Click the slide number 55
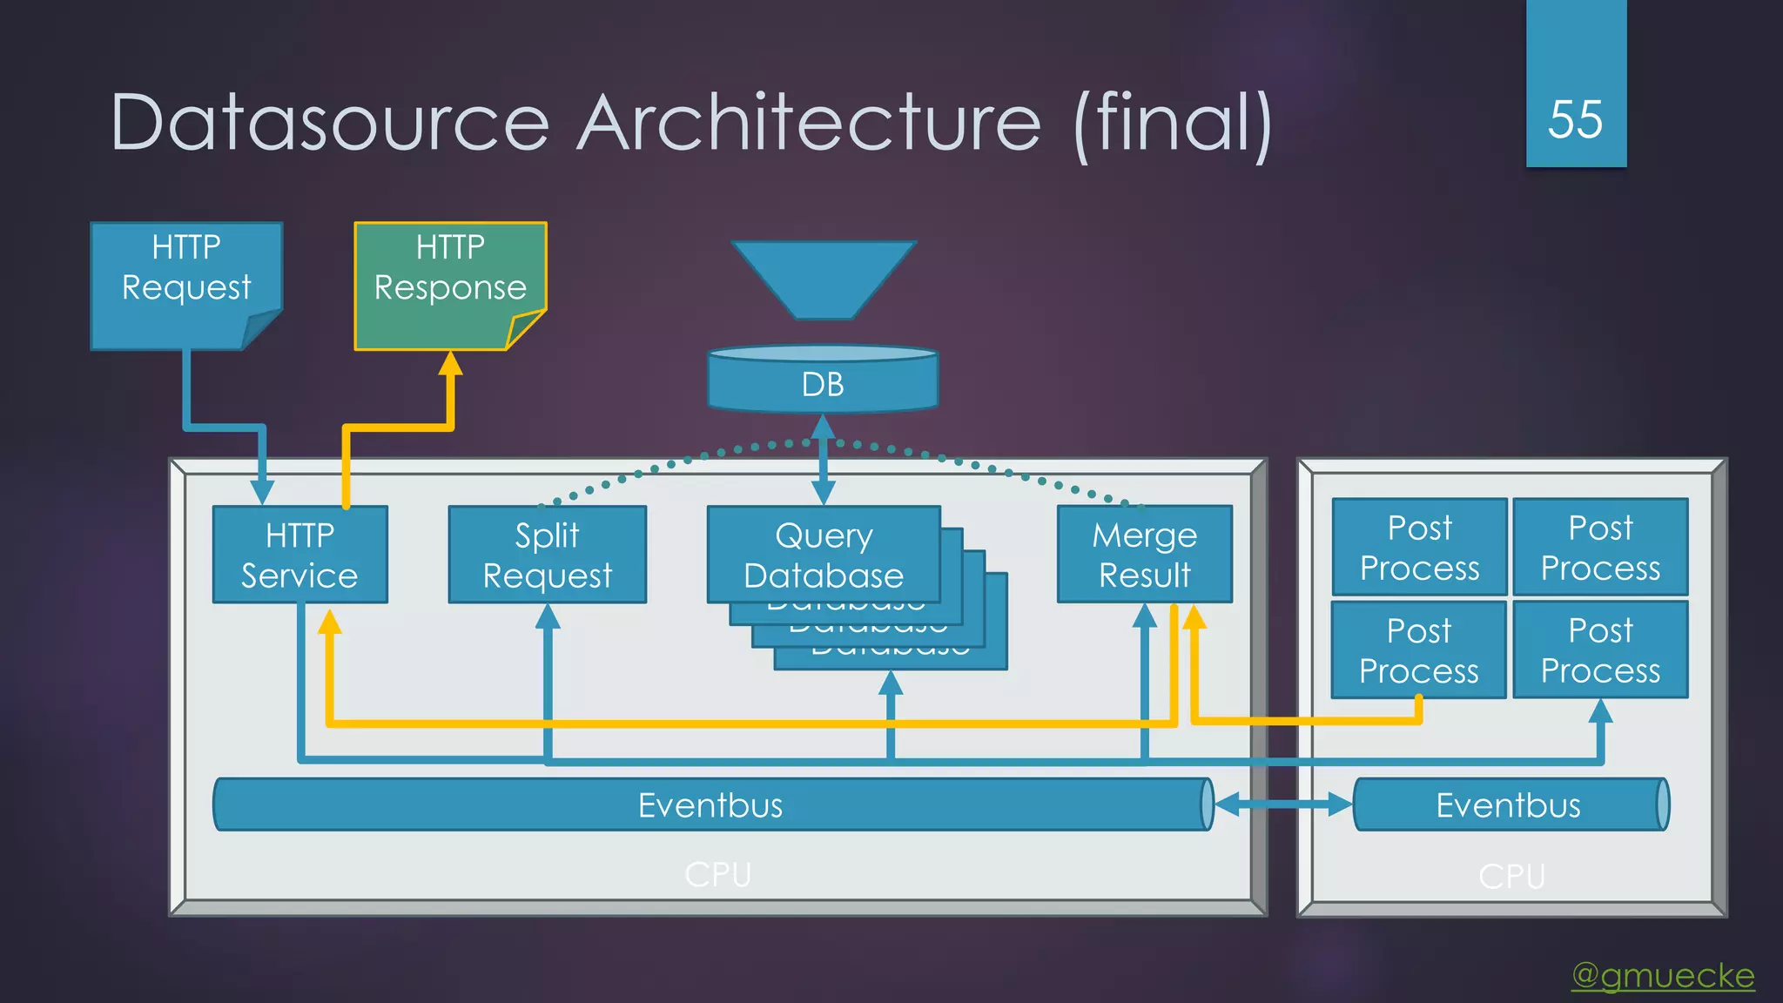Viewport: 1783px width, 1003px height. point(1575,119)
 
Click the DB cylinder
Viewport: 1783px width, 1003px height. point(823,383)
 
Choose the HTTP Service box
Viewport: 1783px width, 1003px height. point(299,555)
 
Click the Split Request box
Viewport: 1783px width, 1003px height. point(547,555)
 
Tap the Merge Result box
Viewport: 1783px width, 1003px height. point(1144,555)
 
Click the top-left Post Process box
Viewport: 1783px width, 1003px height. point(1419,547)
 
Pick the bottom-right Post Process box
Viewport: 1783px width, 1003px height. point(1600,650)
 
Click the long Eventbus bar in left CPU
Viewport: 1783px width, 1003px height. point(710,804)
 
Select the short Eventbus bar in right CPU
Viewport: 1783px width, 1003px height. point(1509,804)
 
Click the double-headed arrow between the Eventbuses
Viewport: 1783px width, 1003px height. point(1282,804)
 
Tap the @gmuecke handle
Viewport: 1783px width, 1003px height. point(1663,975)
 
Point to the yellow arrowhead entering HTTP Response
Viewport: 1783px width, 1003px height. point(450,363)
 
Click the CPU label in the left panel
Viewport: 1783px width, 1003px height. point(717,874)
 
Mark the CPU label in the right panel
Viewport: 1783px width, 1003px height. point(1511,876)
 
